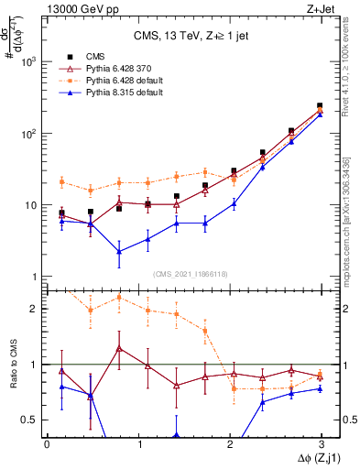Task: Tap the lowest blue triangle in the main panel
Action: coord(119,251)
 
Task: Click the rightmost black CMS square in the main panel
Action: coord(320,106)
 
